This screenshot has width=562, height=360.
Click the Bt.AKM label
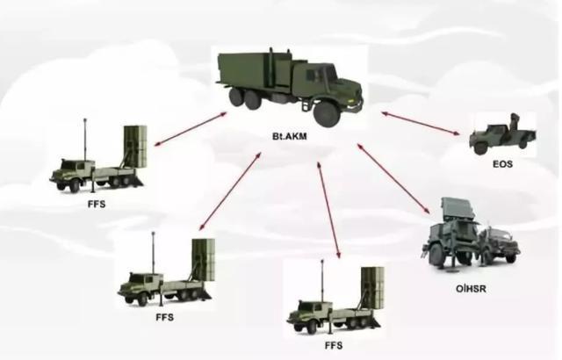click(x=290, y=136)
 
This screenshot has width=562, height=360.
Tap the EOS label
click(x=502, y=164)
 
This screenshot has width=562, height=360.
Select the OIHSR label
click(x=471, y=288)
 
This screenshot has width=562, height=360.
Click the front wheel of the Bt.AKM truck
click(x=327, y=114)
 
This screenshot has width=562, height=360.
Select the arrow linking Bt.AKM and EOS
click(x=420, y=124)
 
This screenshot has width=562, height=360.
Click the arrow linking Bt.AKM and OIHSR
click(x=393, y=179)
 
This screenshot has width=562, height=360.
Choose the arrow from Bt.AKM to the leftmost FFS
click(x=191, y=129)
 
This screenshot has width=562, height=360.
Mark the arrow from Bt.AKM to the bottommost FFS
click(x=328, y=210)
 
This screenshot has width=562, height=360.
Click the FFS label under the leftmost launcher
click(x=97, y=205)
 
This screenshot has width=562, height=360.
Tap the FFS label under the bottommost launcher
click(x=334, y=345)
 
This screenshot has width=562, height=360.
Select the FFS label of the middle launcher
click(x=165, y=317)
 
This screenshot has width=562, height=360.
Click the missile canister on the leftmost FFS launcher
click(x=135, y=146)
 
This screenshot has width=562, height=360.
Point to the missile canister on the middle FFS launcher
click(x=203, y=260)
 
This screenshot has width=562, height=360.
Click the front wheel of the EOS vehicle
click(x=479, y=148)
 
